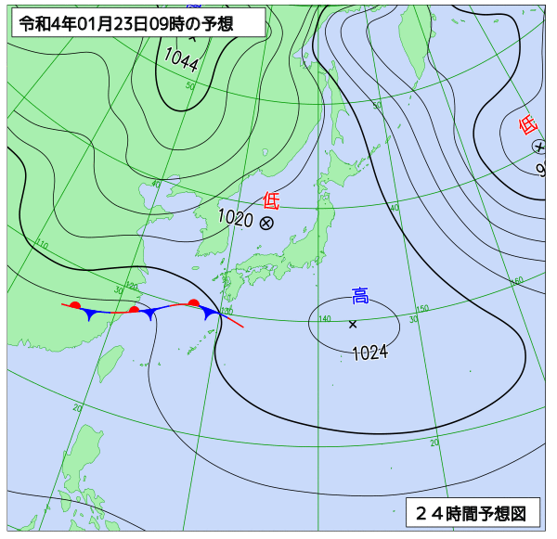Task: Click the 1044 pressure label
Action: click(181, 60)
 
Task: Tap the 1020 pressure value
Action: click(235, 218)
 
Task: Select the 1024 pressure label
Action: click(369, 352)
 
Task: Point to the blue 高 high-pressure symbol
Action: click(360, 296)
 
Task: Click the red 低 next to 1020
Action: click(271, 199)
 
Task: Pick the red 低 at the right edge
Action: click(527, 124)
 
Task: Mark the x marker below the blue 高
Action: click(353, 324)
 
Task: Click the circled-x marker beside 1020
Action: click(266, 223)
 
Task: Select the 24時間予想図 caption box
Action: click(472, 512)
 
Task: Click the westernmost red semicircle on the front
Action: click(75, 304)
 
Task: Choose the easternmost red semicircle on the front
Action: click(193, 302)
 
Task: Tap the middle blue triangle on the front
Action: click(149, 314)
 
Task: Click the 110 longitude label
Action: click(41, 244)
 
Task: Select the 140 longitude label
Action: click(324, 319)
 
